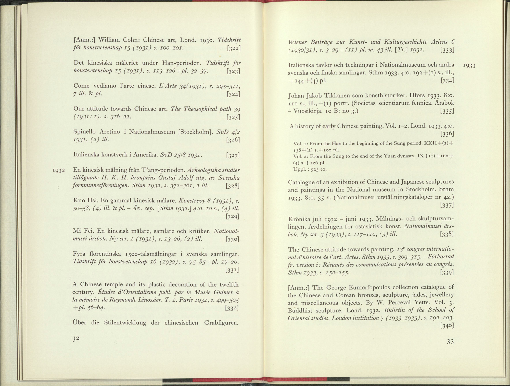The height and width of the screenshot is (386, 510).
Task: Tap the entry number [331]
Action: click(232, 270)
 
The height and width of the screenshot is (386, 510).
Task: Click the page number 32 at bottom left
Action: click(76, 339)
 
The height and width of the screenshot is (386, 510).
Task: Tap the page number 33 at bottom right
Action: click(450, 342)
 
